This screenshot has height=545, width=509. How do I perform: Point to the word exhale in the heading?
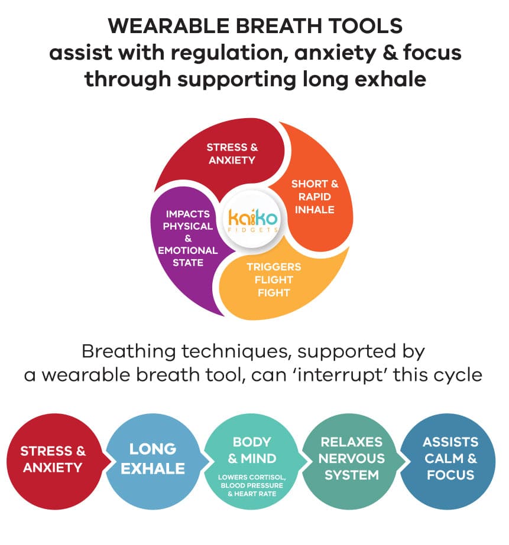pyautogui.click(x=387, y=79)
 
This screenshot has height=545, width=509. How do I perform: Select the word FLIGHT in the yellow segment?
pyautogui.click(x=273, y=279)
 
